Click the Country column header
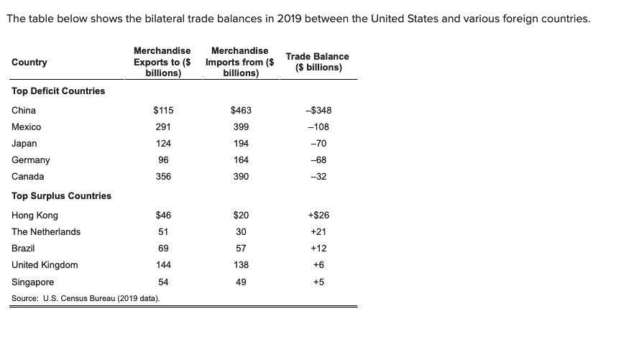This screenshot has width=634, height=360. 29,63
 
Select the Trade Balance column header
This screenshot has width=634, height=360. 317,63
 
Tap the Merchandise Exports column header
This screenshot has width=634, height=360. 162,63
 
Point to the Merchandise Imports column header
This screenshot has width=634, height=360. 240,63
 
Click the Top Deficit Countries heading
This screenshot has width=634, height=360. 58,91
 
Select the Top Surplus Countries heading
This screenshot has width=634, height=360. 62,196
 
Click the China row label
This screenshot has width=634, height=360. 24,111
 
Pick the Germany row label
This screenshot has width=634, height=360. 31,160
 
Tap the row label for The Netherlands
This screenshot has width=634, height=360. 46,232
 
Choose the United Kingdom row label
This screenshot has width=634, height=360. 45,265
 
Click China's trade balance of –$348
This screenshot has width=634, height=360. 318,111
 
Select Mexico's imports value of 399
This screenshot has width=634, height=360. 241,127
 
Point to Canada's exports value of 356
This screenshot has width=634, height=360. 163,177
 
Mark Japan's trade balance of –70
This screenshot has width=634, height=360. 318,144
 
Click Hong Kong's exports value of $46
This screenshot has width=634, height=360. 163,216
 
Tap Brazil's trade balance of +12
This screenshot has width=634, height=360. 318,249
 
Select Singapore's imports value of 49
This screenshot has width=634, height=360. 241,282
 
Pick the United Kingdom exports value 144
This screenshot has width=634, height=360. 163,265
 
